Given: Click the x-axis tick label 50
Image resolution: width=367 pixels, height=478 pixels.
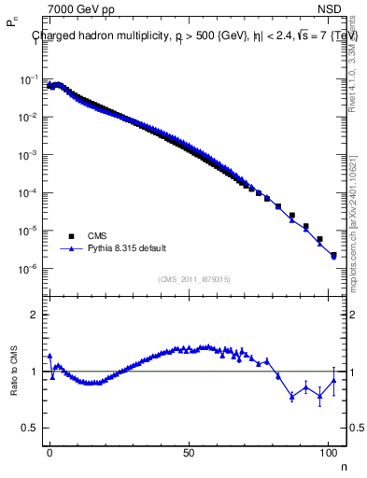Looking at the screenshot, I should click(x=190, y=451).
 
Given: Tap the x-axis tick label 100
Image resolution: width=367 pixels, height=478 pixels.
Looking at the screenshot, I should click(x=328, y=451).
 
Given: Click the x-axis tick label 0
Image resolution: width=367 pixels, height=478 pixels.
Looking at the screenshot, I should click(x=50, y=451).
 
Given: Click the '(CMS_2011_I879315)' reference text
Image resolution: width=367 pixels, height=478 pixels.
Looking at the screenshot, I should click(x=194, y=278).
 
